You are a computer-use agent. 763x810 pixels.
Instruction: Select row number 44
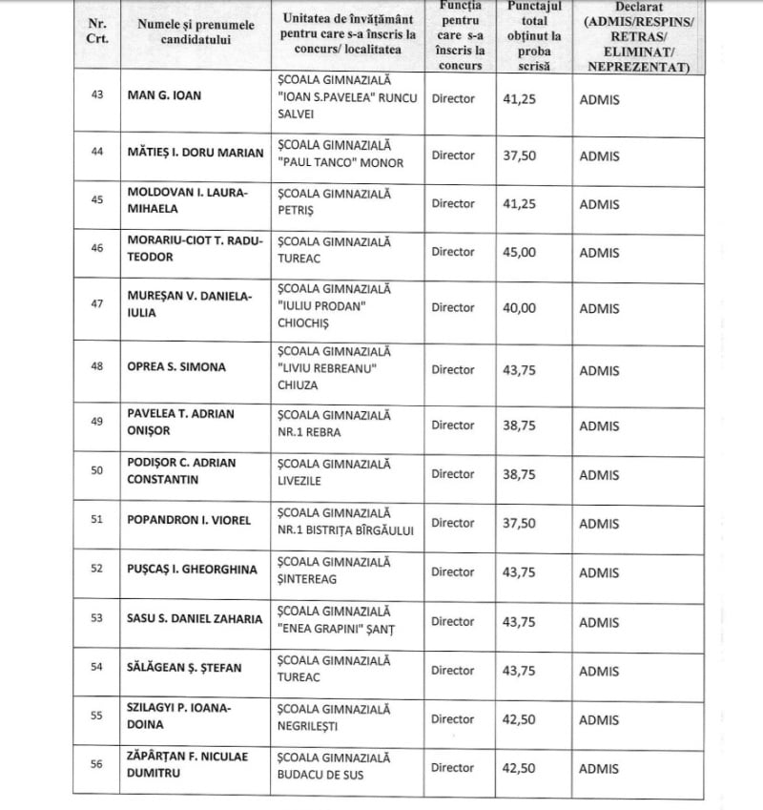pyautogui.click(x=95, y=155)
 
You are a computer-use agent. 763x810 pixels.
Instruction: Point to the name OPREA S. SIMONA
pyautogui.click(x=173, y=367)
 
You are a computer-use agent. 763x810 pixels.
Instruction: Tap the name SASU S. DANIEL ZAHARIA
pyautogui.click(x=194, y=620)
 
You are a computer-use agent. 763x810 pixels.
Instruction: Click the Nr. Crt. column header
pyautogui.click(x=95, y=31)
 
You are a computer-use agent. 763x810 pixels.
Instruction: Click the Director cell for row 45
pyautogui.click(x=453, y=203)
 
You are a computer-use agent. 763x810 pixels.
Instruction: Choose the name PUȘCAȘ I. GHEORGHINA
pyautogui.click(x=192, y=571)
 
